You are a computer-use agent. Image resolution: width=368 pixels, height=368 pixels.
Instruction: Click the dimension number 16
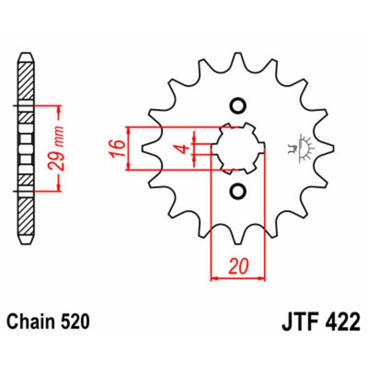117,149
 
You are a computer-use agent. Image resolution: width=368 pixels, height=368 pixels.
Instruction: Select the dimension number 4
183,149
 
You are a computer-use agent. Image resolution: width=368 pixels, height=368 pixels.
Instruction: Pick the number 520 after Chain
75,322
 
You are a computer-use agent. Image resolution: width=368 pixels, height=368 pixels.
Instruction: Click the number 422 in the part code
340,322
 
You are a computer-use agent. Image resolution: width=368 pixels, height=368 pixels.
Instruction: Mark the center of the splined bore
238,148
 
